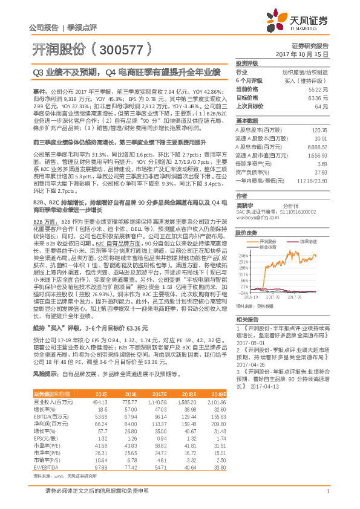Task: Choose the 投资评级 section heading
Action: (247, 63)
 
